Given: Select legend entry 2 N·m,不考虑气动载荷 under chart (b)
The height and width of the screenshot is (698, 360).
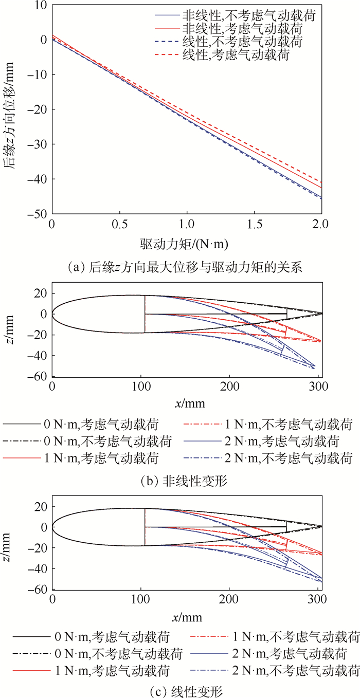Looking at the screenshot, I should pyautogui.click(x=288, y=456).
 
